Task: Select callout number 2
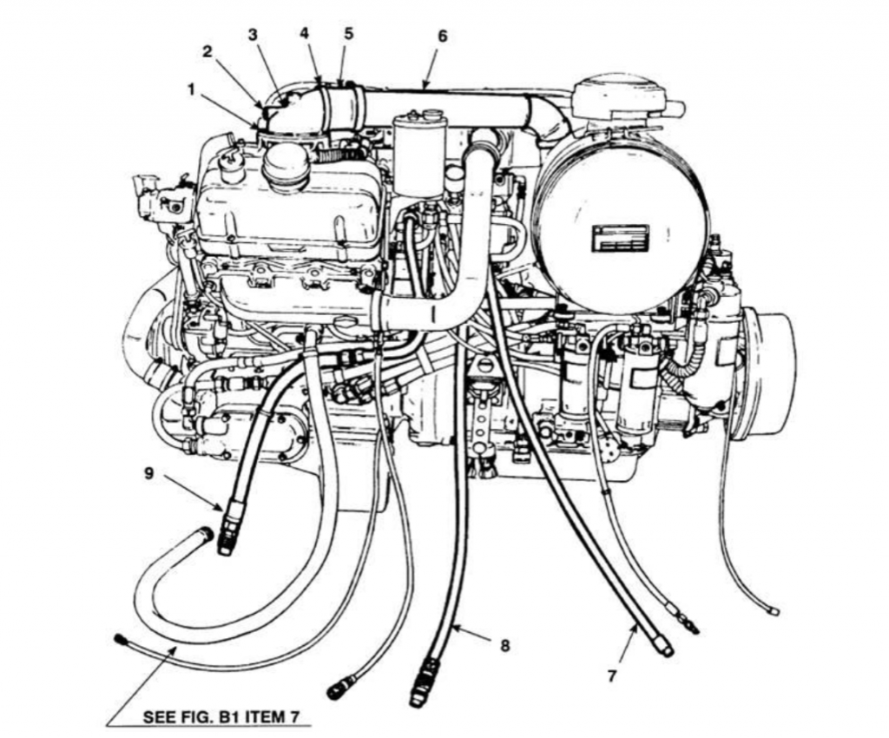tap(207, 51)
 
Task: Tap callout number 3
tap(253, 35)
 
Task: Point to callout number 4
tap(304, 33)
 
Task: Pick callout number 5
tap(348, 33)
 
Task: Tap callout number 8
tap(504, 646)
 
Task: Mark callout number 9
tap(149, 473)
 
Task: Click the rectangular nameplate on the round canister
tap(620, 237)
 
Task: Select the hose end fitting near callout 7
tap(663, 644)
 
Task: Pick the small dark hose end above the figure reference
tap(121, 640)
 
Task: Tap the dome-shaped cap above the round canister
tap(619, 91)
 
